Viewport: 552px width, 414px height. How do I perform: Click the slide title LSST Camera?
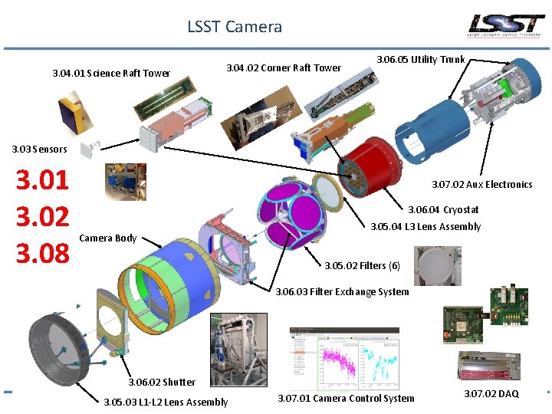(x=235, y=27)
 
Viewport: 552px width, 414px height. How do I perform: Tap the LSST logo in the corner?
(x=507, y=25)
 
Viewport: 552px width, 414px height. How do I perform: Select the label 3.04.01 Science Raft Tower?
(x=111, y=74)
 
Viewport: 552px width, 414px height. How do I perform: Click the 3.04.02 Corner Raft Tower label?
(x=284, y=67)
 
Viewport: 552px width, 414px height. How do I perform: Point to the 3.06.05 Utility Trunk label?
(x=421, y=59)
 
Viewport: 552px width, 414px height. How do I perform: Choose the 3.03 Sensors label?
(x=39, y=149)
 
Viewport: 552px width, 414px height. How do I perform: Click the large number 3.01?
(x=43, y=181)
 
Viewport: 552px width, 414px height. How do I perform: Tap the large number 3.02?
(x=43, y=217)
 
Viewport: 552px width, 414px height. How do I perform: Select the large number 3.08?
(x=43, y=253)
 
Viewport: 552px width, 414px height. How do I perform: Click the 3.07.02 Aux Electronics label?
(x=481, y=184)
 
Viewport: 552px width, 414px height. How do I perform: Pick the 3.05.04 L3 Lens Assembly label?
(x=426, y=226)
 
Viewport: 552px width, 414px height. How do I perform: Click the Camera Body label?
(x=108, y=238)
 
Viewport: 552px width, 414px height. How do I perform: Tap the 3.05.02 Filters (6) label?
(x=362, y=266)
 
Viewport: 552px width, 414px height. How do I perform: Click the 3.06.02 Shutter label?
(x=162, y=382)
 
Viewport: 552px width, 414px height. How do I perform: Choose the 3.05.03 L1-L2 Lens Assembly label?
(x=166, y=402)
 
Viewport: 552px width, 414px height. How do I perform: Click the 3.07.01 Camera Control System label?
(x=346, y=398)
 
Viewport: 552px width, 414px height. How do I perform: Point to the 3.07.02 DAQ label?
(x=491, y=393)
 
